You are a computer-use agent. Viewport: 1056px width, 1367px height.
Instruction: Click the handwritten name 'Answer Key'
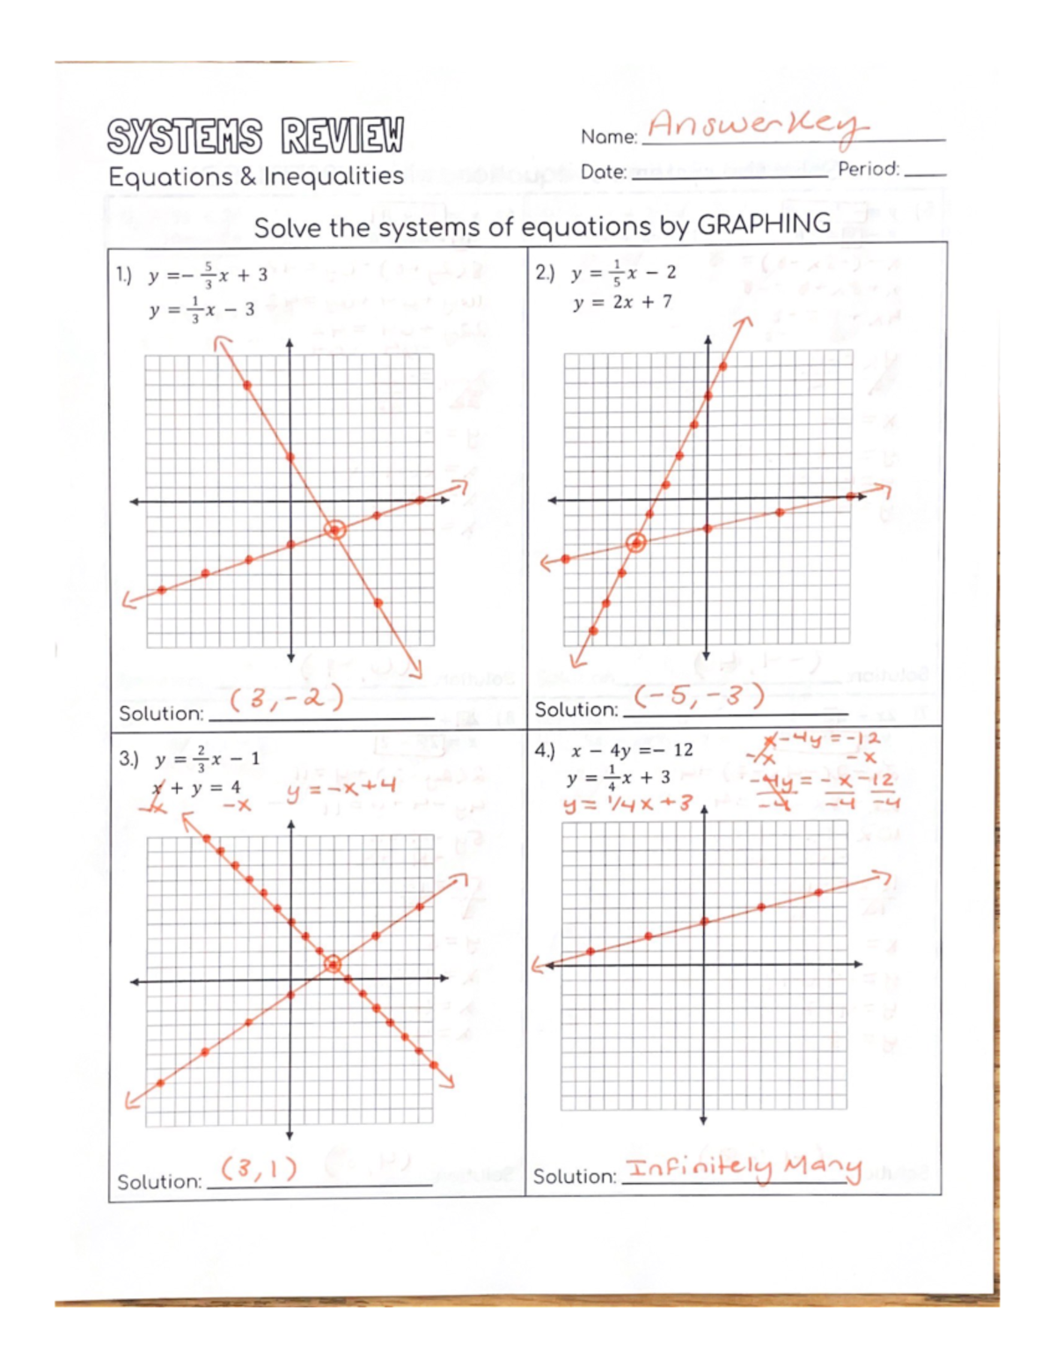coord(755,125)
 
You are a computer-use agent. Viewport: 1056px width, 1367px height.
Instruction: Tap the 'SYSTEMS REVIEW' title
coord(255,136)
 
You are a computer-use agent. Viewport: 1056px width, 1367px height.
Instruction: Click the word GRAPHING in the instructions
coord(763,224)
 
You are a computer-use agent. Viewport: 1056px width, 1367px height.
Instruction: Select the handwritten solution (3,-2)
coord(286,699)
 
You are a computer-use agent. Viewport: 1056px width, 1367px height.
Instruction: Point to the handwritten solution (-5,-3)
coord(700,696)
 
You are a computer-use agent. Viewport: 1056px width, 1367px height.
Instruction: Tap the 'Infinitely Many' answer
coord(744,1168)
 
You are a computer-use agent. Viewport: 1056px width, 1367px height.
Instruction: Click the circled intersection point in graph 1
coord(334,530)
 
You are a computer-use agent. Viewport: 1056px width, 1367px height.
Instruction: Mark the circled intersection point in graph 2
coord(635,543)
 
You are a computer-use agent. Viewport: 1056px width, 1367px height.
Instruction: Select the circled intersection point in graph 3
coord(333,965)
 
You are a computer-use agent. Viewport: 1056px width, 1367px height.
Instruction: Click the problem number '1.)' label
coord(124,276)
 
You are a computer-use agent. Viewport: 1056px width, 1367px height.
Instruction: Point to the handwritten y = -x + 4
coord(341,787)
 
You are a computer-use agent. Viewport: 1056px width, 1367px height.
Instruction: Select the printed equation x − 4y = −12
coord(631,751)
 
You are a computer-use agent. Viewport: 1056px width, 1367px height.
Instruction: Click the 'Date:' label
coord(603,172)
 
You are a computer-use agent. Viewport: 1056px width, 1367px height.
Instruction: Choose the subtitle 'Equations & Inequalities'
coord(255,177)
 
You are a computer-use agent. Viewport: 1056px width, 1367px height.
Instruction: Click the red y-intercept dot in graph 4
coord(704,922)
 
